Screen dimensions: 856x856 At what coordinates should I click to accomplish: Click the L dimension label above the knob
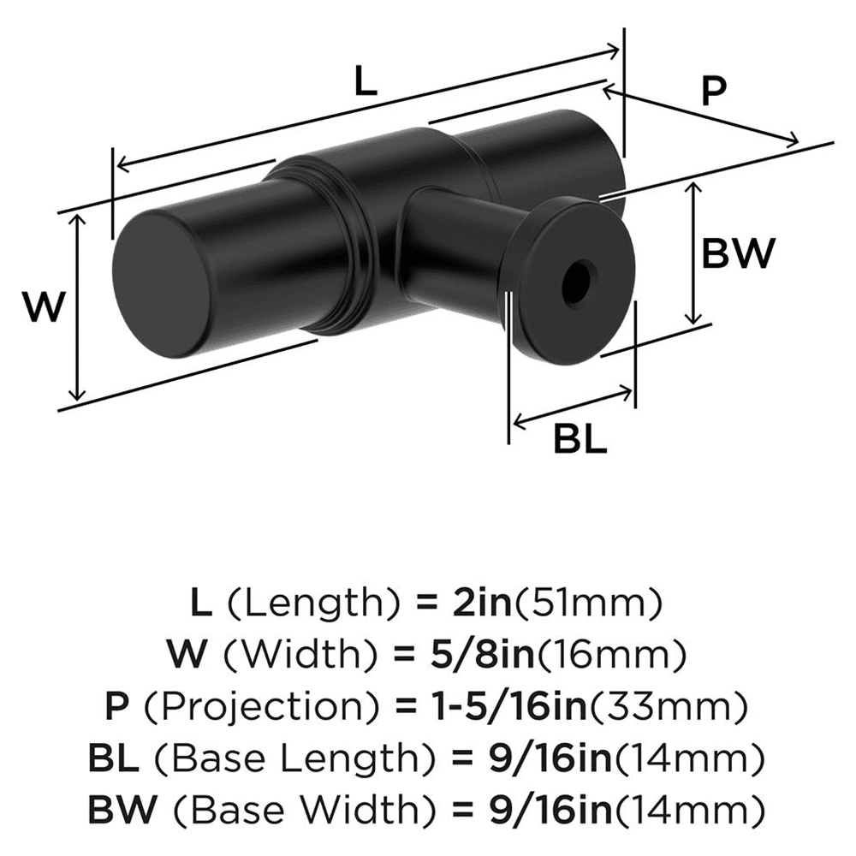coord(365,83)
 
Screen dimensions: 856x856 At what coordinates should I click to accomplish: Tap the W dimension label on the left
coord(43,306)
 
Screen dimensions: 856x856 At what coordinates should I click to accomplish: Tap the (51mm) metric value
coord(591,605)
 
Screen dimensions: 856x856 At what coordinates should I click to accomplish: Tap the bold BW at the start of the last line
coord(118,809)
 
